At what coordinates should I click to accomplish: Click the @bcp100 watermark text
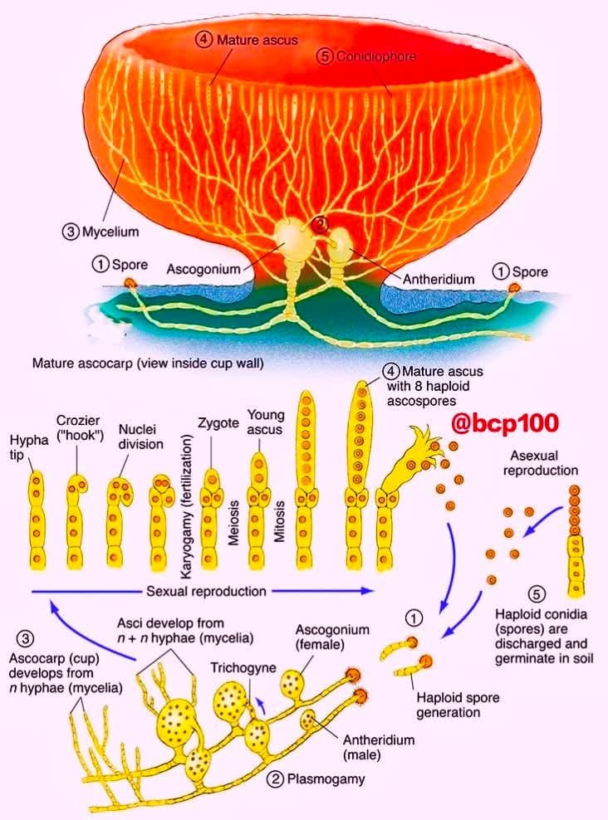[505, 423]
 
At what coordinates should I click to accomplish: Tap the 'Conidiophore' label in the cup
[375, 56]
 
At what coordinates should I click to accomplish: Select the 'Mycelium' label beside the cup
[110, 232]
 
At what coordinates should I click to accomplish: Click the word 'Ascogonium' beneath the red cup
[203, 270]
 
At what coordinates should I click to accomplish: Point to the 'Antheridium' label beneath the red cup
[439, 279]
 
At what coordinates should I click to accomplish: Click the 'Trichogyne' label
[243, 668]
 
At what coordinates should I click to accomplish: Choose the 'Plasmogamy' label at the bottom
[326, 779]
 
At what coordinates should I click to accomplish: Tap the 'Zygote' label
[218, 422]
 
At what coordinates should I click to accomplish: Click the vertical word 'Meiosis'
[234, 523]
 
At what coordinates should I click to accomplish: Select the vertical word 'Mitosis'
[279, 521]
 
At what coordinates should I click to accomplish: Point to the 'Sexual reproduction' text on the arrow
[206, 592]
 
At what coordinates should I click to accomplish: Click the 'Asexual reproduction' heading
[541, 463]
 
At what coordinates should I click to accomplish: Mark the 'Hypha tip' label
[29, 447]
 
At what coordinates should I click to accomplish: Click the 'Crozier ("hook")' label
[79, 427]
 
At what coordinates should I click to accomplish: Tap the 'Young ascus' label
[265, 422]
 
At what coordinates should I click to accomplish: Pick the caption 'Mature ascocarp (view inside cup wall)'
[148, 363]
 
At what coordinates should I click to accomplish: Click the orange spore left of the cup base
[130, 284]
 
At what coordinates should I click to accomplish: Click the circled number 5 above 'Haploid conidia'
[537, 594]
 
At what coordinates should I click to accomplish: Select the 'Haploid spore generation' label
[458, 705]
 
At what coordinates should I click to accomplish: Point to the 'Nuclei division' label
[140, 437]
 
